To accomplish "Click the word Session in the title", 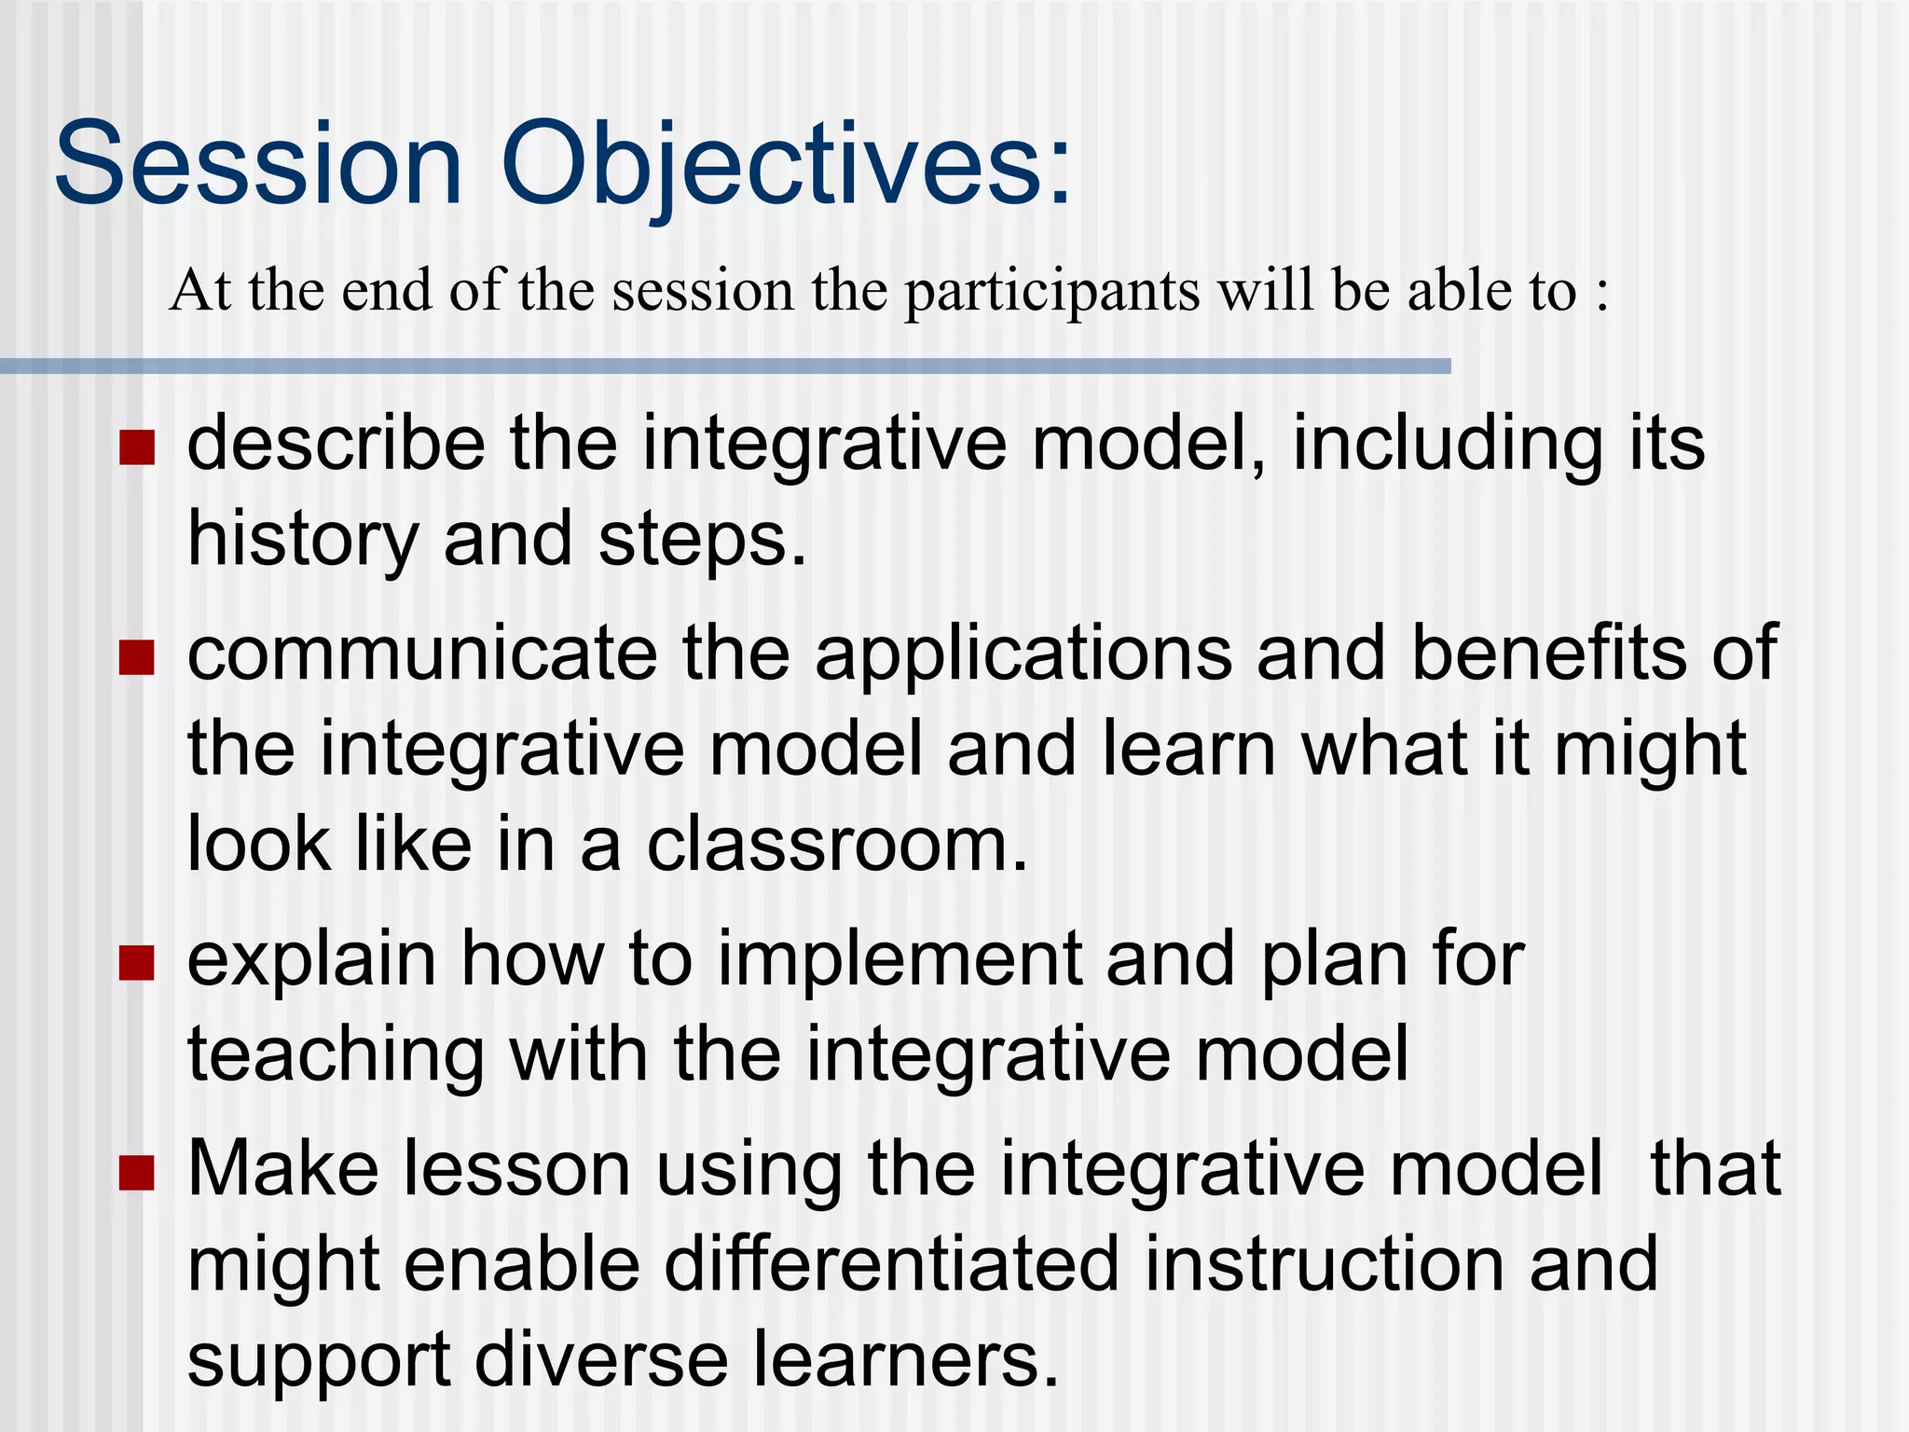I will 259,165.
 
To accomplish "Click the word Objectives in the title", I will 786,165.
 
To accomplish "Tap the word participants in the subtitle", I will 1051,291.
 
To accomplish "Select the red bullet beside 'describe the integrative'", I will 136,447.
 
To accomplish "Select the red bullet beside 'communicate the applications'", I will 136,657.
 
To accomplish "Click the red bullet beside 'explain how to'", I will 136,964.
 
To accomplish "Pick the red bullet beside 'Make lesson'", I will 136,1174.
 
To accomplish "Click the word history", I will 303,541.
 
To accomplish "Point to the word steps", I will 701,541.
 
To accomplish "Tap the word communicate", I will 421,654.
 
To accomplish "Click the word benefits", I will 1548,654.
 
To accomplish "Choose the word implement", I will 899,960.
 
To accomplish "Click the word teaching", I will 336,1055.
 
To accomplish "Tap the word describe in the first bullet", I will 336,445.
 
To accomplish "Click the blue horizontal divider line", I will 725,366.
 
